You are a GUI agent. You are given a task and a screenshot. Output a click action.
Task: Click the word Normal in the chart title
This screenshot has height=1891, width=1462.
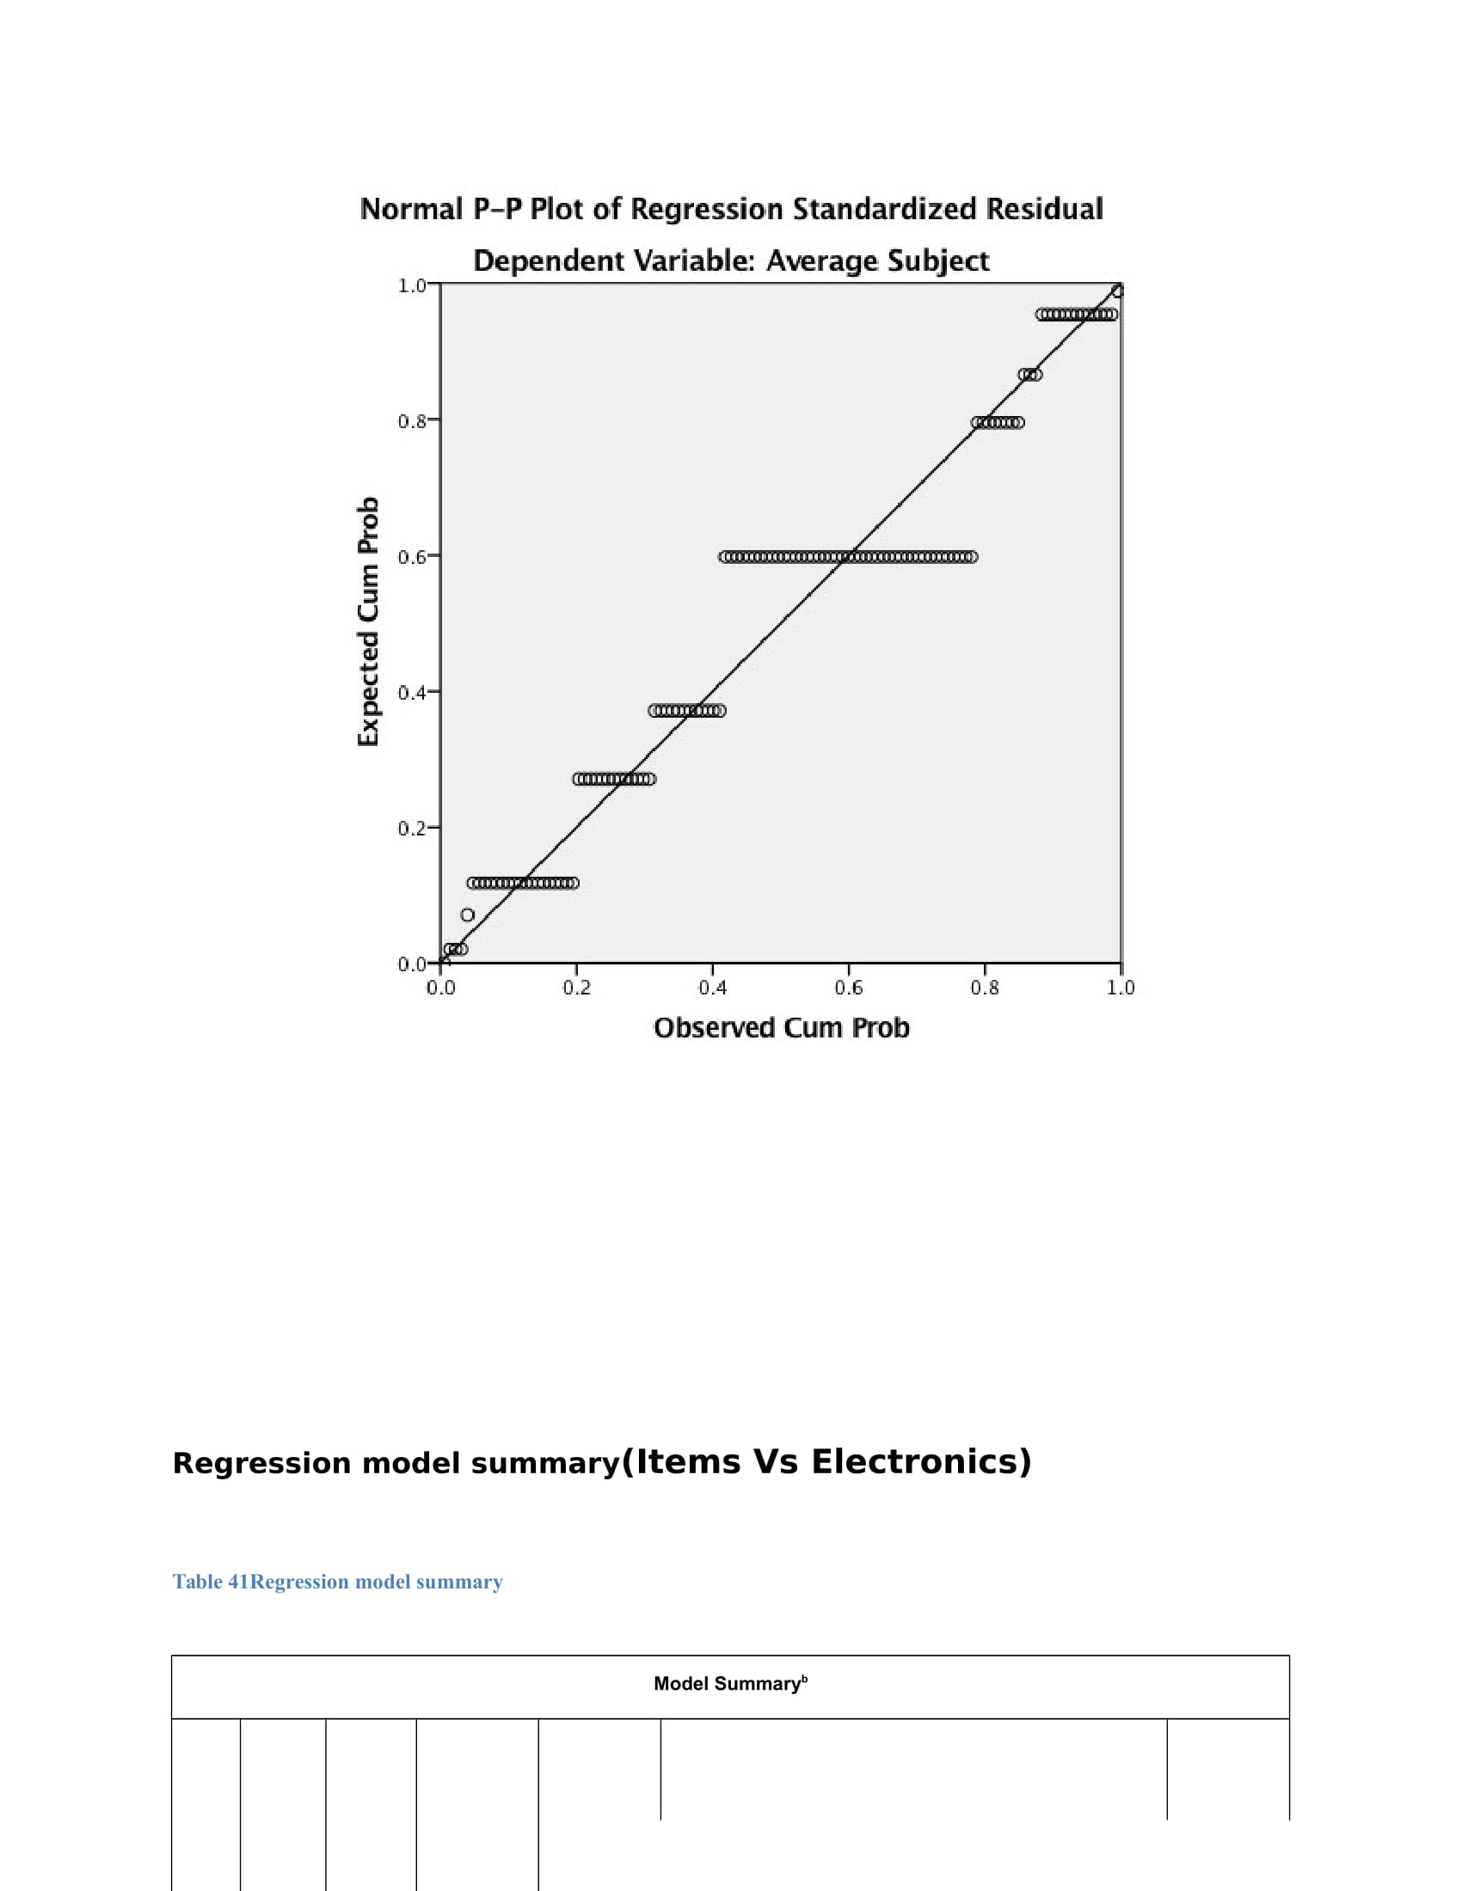[x=410, y=210]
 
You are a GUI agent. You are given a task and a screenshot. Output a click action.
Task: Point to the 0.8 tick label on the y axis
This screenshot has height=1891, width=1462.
[x=411, y=422]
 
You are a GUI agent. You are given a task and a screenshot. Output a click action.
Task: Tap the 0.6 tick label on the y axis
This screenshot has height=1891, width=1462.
[x=411, y=557]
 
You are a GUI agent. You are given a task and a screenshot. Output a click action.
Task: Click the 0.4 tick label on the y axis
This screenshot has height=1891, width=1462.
[x=411, y=693]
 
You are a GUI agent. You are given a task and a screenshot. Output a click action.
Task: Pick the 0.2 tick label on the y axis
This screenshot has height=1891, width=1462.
[x=411, y=829]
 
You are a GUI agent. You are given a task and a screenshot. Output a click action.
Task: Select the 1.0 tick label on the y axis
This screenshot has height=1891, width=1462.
[x=411, y=285]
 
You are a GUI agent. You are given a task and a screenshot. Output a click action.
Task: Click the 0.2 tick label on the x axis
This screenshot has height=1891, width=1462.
[x=577, y=988]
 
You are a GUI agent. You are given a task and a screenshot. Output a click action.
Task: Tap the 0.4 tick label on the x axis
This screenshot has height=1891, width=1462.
[x=713, y=988]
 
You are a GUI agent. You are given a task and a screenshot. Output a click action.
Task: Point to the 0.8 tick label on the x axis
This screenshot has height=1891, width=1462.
[x=985, y=988]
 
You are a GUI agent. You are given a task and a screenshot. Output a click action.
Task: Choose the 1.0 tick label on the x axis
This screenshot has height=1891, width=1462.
[x=1121, y=988]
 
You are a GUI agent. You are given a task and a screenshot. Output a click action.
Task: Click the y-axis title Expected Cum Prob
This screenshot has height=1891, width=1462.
[x=368, y=621]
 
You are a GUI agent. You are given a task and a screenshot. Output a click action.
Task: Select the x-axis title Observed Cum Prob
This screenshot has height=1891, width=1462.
[x=781, y=1029]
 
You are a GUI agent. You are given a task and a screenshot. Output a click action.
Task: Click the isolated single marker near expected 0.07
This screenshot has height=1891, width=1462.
[x=468, y=915]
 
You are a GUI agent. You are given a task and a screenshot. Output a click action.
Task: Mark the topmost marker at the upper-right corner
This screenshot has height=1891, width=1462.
[x=1117, y=291]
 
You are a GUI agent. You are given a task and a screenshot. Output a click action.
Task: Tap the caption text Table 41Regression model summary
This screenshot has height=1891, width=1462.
[x=337, y=1582]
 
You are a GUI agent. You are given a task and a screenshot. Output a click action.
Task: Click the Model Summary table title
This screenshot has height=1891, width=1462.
[x=730, y=1683]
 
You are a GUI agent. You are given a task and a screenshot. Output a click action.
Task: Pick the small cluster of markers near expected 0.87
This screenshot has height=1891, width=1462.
[x=1029, y=375]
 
